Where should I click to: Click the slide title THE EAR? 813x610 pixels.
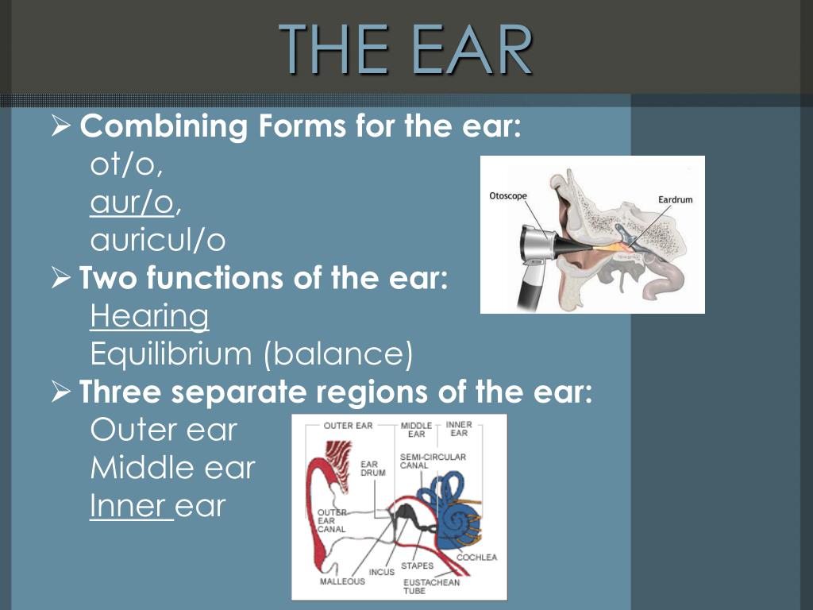click(x=406, y=49)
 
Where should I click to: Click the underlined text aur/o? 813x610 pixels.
click(x=132, y=203)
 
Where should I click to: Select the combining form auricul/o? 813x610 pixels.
click(x=158, y=240)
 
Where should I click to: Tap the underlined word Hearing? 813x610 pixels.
click(x=149, y=317)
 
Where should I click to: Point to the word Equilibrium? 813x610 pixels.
click(x=171, y=354)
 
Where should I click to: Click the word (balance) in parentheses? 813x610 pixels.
click(x=338, y=354)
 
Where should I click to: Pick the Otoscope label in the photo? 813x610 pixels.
click(x=508, y=196)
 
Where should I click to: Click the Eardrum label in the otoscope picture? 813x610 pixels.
click(x=675, y=199)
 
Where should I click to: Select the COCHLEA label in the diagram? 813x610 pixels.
click(x=476, y=557)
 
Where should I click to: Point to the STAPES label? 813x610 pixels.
click(x=417, y=566)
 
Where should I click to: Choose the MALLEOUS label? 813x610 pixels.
click(x=342, y=581)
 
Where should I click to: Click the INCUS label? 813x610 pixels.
click(x=382, y=572)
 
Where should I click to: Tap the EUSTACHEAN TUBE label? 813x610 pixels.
click(x=431, y=586)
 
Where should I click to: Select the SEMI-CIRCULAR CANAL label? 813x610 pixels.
click(x=433, y=461)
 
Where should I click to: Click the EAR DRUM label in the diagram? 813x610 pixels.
click(x=373, y=469)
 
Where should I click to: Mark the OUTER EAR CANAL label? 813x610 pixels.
click(x=331, y=521)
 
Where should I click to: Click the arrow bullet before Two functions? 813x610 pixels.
click(x=60, y=279)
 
